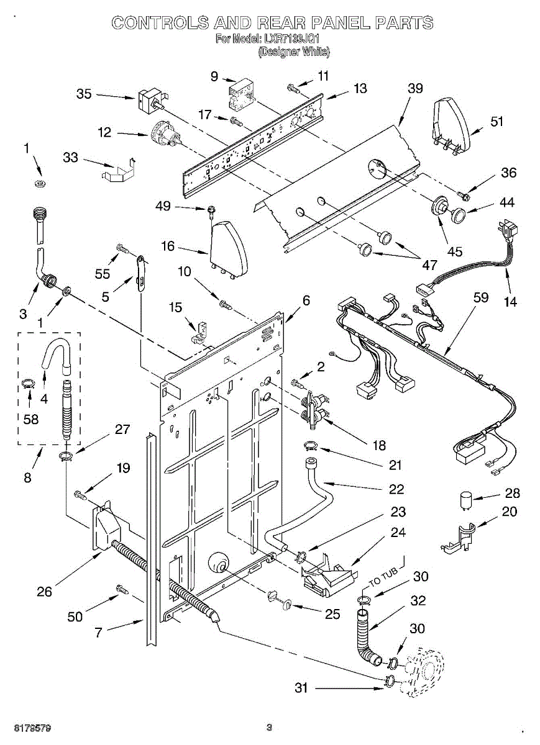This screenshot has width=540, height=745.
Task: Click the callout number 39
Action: (x=415, y=88)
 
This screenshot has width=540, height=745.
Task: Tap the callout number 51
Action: (x=497, y=122)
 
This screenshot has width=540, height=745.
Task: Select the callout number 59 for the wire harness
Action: (x=480, y=297)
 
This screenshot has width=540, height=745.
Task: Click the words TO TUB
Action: (x=383, y=577)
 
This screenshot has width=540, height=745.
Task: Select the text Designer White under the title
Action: (x=294, y=53)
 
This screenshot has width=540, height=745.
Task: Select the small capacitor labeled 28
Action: (x=464, y=500)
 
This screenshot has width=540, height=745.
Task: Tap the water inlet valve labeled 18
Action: (x=313, y=411)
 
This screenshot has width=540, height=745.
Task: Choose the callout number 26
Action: (x=44, y=592)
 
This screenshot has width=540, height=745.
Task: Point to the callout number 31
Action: (x=301, y=687)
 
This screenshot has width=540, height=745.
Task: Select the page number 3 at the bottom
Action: (x=269, y=727)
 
